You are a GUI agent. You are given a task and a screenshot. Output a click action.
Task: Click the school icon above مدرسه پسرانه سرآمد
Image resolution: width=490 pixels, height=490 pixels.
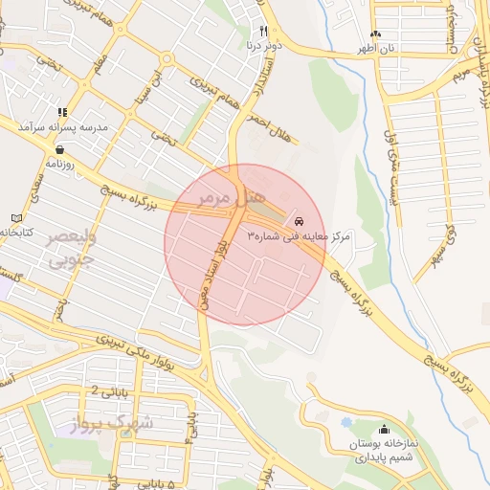point(63,112)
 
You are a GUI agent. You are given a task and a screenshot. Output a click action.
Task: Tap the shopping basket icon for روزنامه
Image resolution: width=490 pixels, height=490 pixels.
point(61,149)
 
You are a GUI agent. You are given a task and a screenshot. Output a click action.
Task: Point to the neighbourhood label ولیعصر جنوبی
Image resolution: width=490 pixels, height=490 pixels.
point(70,247)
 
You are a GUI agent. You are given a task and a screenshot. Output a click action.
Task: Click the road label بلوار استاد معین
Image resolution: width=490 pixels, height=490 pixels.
point(231,274)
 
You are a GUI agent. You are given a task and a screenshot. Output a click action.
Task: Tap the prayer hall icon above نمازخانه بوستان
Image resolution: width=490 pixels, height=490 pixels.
point(385,430)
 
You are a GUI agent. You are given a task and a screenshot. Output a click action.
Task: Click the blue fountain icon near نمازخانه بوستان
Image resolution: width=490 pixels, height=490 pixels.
point(345,422)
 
